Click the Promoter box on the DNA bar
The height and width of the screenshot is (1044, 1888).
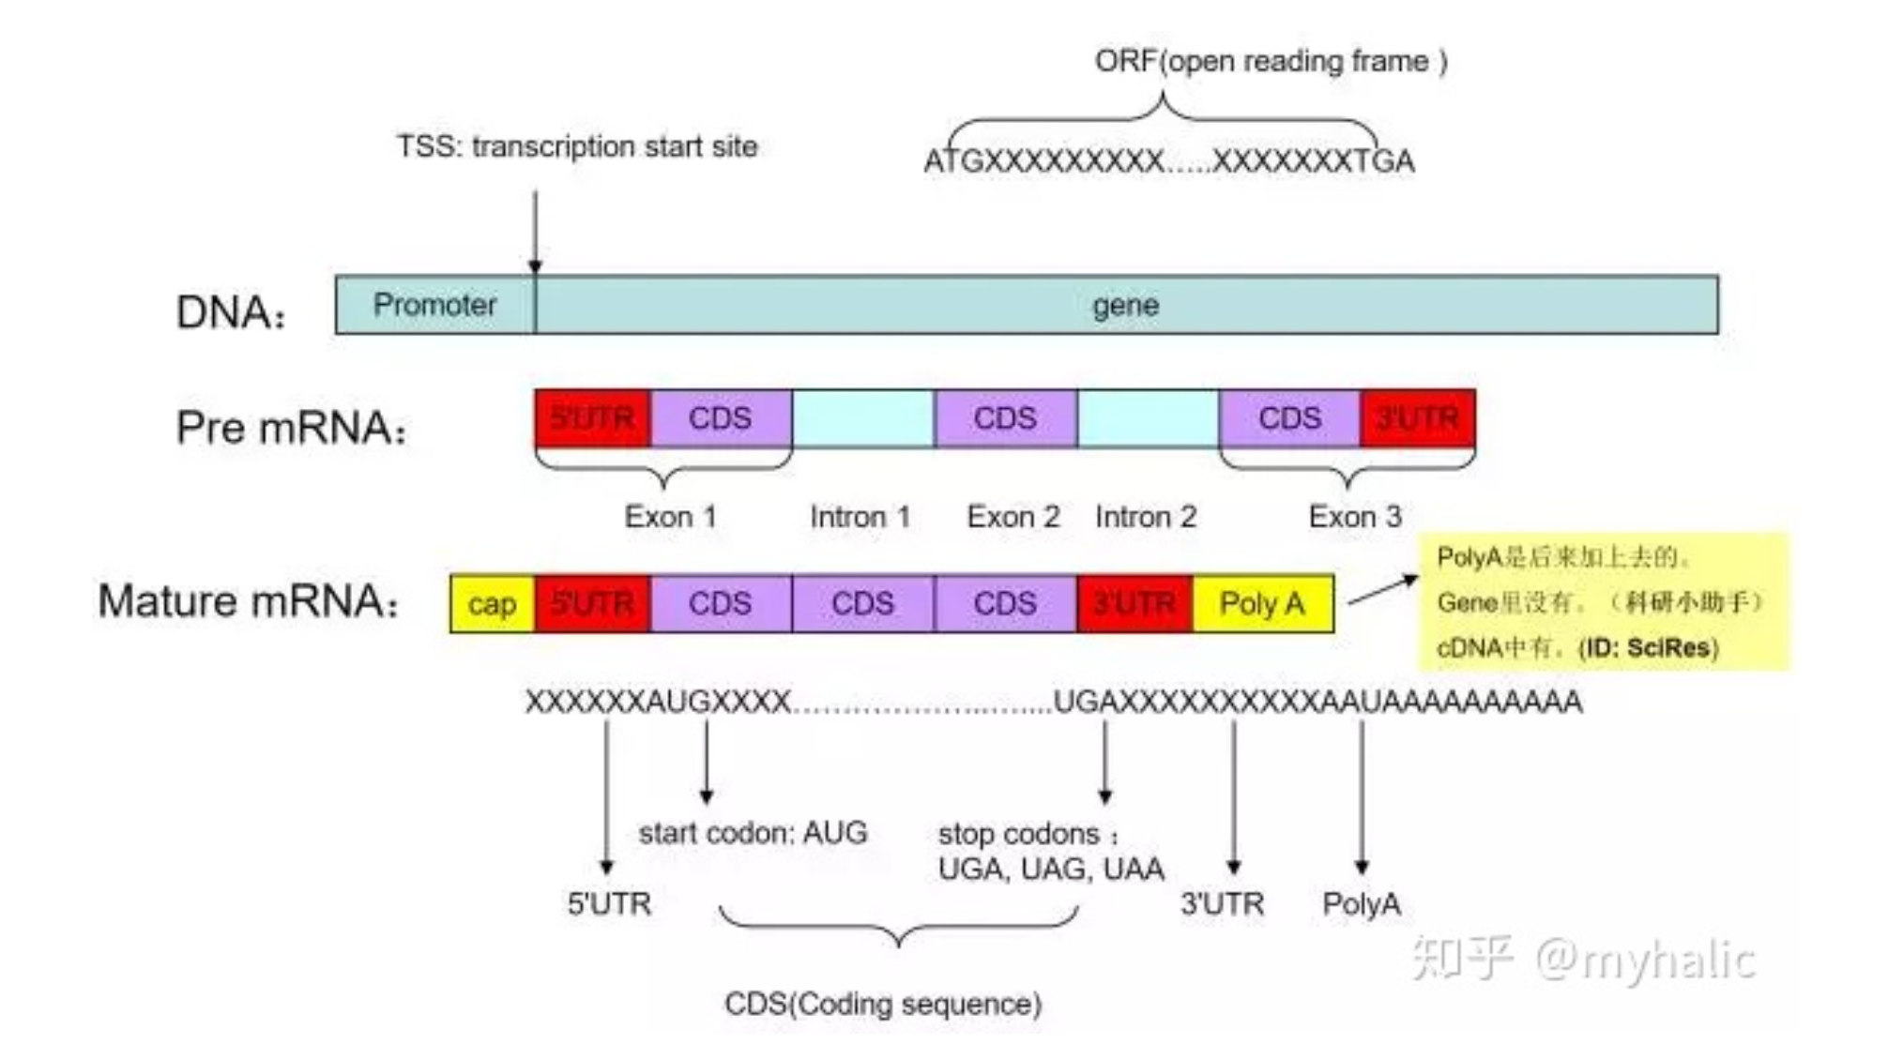[434, 305]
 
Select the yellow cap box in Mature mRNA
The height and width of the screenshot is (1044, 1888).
[492, 604]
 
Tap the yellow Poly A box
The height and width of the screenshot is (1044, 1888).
[1262, 604]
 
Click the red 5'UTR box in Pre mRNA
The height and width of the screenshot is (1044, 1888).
[592, 418]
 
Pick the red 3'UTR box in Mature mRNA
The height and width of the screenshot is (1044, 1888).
[1134, 604]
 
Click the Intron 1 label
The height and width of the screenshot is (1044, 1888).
[860, 517]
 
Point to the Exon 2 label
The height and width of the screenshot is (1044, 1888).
[1013, 517]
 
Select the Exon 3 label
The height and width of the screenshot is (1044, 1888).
[1354, 517]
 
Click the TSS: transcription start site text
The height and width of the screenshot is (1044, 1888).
[576, 147]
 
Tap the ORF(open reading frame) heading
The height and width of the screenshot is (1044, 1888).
[1271, 62]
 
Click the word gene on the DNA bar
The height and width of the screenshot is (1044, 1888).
[1125, 305]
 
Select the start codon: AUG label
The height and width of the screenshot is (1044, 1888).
[753, 833]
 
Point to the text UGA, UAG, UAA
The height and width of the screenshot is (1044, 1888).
[1051, 870]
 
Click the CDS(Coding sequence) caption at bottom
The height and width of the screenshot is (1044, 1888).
[883, 1005]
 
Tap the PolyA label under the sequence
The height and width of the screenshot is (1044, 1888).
[1361, 904]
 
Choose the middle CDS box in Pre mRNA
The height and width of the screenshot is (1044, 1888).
[1005, 418]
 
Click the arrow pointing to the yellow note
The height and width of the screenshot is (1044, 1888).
[1381, 591]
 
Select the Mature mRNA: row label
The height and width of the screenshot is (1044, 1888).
[249, 601]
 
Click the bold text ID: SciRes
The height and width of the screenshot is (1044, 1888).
[1649, 648]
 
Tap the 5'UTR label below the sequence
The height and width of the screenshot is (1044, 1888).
[609, 904]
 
